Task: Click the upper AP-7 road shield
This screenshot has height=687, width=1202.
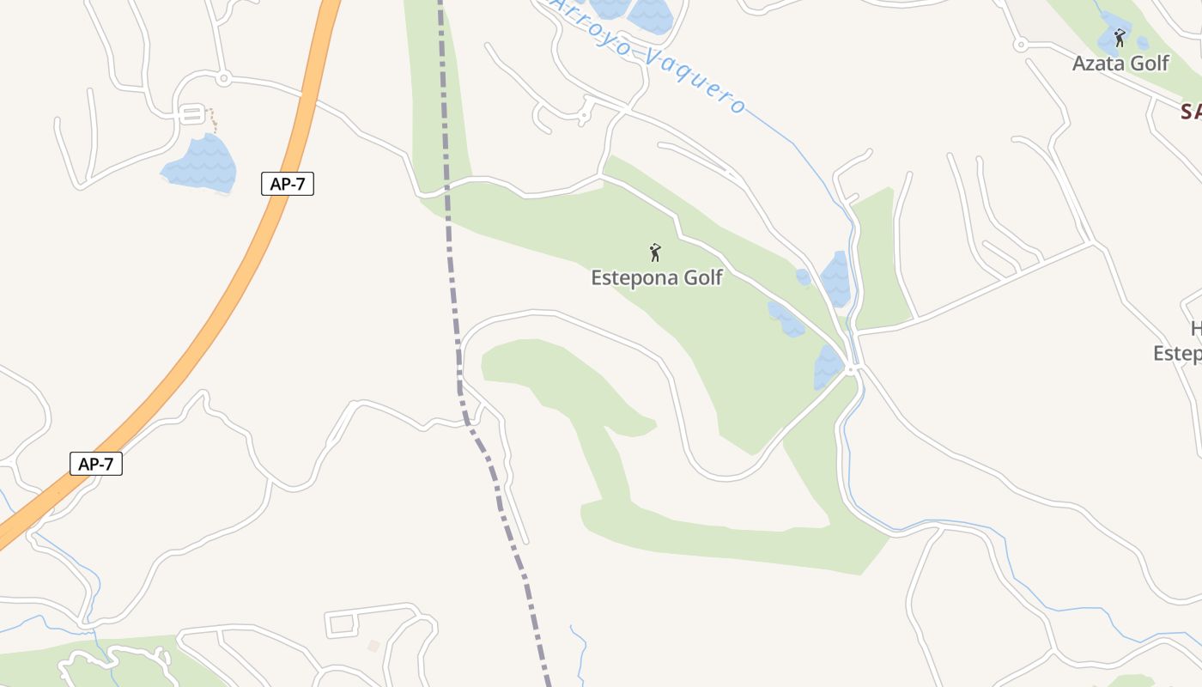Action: click(x=288, y=184)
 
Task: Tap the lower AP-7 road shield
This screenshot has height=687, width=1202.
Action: click(x=96, y=465)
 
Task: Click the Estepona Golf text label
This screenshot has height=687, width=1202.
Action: click(x=657, y=278)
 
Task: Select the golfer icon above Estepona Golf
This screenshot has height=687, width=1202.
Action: click(x=656, y=252)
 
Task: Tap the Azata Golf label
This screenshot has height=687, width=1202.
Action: click(x=1120, y=63)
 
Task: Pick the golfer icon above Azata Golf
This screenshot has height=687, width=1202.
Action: click(x=1119, y=38)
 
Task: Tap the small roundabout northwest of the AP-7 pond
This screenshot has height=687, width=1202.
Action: click(x=223, y=79)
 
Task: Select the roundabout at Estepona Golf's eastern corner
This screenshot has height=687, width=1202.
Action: click(x=851, y=369)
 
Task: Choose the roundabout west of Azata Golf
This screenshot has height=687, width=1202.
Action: click(x=1020, y=44)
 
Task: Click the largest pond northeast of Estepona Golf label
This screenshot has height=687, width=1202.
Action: click(x=835, y=279)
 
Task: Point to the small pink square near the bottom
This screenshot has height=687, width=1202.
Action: click(x=373, y=645)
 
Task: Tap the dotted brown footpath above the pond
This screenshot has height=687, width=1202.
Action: click(x=210, y=118)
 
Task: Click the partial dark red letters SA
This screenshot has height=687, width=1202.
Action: click(x=1190, y=112)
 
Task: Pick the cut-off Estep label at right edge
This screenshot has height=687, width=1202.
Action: click(x=1177, y=354)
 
